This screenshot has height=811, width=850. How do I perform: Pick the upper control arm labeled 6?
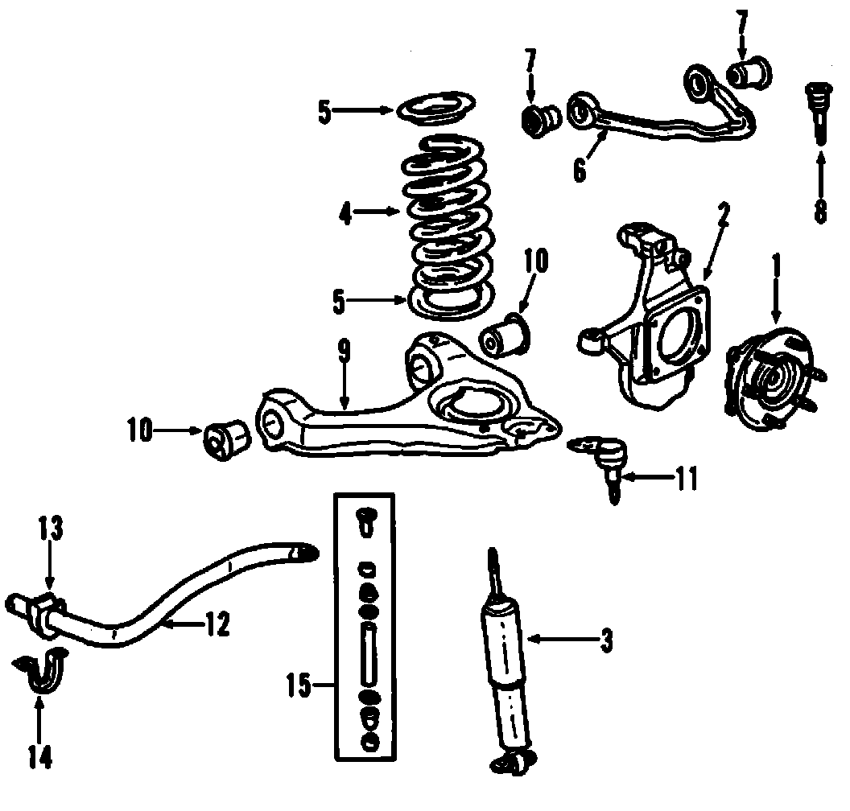coord(660,113)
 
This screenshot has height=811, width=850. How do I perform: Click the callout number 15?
coord(299,685)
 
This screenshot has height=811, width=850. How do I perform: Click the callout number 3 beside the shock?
coord(606,640)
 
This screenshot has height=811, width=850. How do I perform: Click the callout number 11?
coord(685,480)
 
